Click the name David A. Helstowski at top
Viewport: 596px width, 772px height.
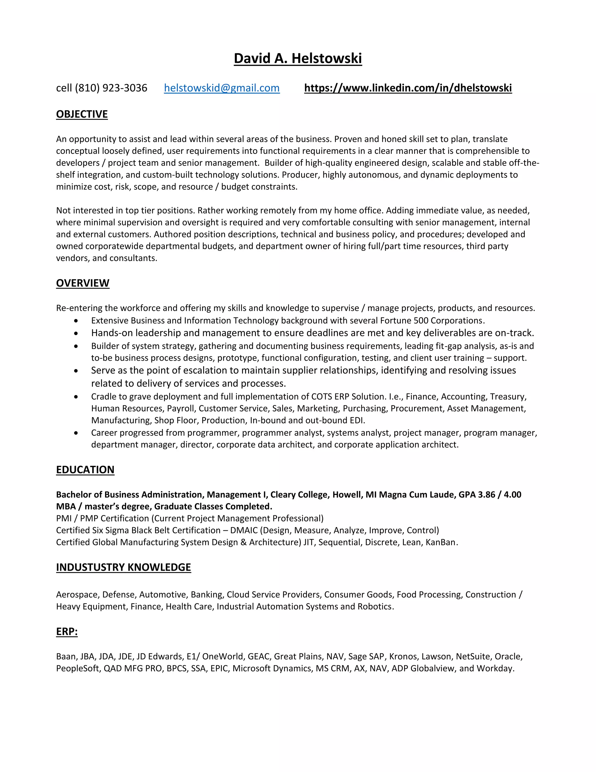298,58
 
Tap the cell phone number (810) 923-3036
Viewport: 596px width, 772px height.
111,88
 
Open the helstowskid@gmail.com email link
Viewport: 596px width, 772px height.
222,88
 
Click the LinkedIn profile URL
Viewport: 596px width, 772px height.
408,88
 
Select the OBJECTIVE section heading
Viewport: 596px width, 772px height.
82,114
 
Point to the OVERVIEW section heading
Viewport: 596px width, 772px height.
83,283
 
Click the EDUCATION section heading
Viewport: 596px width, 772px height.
85,470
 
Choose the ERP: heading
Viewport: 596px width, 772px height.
67,632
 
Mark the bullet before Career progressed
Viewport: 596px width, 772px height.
76,433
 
